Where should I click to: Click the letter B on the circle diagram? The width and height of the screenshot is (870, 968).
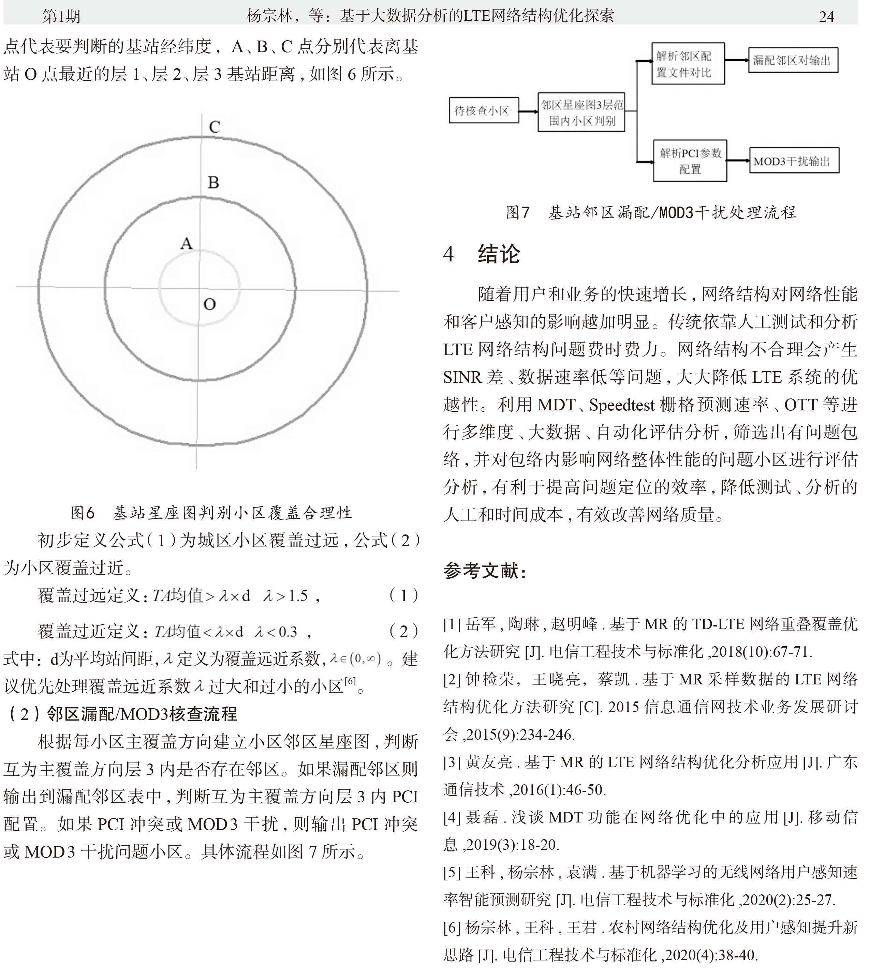click(213, 182)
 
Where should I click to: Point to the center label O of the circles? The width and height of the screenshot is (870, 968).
click(209, 304)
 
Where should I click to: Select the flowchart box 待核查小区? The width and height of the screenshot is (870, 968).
click(483, 111)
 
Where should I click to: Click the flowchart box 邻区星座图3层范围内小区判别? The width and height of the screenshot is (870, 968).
click(581, 112)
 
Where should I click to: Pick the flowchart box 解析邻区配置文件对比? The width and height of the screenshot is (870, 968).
click(688, 64)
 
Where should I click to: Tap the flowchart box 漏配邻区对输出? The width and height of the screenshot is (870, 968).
click(793, 60)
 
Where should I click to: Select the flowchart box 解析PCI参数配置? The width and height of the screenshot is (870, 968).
click(690, 161)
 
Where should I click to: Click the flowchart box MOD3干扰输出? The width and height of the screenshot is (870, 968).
click(794, 161)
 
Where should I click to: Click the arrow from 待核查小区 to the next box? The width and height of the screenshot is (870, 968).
click(528, 112)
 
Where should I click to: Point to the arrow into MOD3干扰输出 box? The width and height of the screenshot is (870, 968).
click(738, 161)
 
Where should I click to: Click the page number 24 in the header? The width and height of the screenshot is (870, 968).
click(826, 17)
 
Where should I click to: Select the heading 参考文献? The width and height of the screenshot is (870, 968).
click(484, 571)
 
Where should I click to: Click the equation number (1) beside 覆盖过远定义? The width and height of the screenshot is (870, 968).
click(403, 596)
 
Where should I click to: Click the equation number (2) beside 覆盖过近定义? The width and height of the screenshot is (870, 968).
click(403, 632)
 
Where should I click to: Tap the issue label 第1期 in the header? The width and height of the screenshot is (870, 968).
click(61, 17)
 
